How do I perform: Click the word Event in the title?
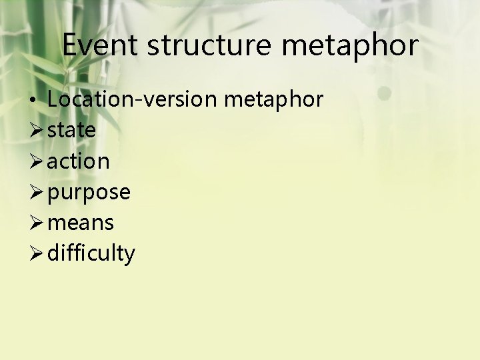point(100,45)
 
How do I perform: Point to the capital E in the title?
point(71,45)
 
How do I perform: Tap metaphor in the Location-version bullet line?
point(274,100)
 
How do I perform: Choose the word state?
point(71,130)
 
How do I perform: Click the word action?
point(78,161)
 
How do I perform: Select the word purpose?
point(89,193)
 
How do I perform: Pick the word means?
point(80,223)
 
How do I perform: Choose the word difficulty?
point(91,253)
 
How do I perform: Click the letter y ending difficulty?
point(130,255)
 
